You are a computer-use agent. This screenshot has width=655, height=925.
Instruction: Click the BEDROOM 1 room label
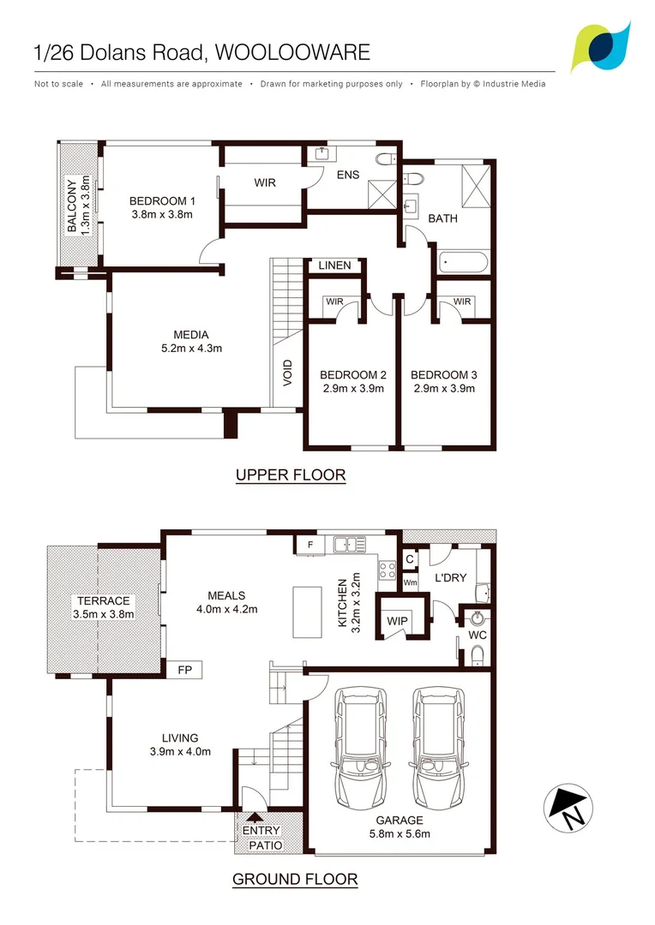(x=162, y=201)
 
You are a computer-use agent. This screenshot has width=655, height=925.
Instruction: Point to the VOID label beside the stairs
(x=288, y=373)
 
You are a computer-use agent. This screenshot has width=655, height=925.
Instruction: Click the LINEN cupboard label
(x=334, y=266)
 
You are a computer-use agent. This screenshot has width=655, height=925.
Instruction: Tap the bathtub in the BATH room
(x=463, y=262)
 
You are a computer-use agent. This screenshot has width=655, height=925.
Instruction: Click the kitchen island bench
(x=305, y=612)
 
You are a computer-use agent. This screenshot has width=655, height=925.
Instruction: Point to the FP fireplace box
(x=184, y=670)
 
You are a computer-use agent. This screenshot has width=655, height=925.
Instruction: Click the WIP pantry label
(x=398, y=620)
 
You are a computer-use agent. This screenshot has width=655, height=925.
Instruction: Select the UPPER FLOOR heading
(x=291, y=475)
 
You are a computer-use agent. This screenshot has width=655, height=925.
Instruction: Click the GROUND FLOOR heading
(x=295, y=879)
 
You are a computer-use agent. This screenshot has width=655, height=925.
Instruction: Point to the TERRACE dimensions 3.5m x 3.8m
(x=103, y=613)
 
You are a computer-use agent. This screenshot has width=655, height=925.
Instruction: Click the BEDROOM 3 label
(x=443, y=375)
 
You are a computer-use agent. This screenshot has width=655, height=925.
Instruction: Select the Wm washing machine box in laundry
(x=410, y=582)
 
